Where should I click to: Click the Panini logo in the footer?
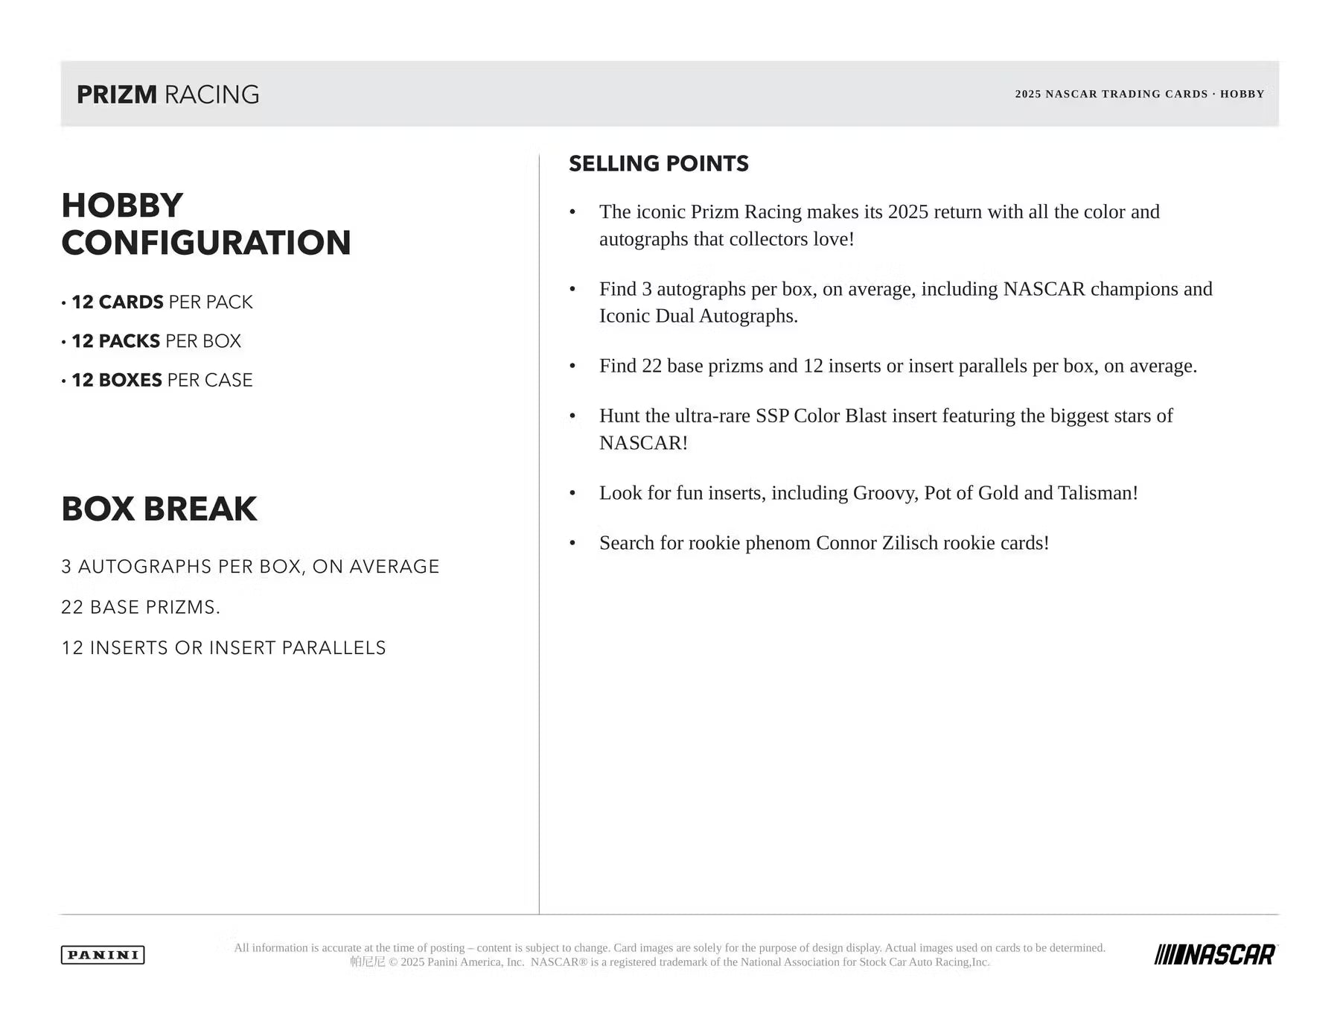tap(103, 955)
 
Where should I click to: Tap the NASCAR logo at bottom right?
tap(1215, 954)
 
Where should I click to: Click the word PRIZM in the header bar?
tap(117, 95)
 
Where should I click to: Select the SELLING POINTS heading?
tap(658, 163)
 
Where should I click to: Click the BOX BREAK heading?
tap(159, 509)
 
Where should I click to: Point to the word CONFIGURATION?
tap(205, 243)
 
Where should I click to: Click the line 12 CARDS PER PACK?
tap(162, 302)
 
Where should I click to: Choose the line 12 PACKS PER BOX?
tap(156, 341)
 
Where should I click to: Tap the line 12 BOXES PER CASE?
tap(162, 380)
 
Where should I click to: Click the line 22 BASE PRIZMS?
tap(141, 607)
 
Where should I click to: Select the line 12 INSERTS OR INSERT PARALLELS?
tap(223, 648)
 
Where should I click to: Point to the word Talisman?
tap(1097, 493)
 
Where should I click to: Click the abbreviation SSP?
tap(772, 416)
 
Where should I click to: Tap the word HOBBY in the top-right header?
tap(1242, 94)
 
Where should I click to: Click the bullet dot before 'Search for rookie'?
tap(572, 544)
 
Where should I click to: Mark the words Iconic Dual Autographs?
tap(698, 316)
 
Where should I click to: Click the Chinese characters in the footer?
tap(368, 962)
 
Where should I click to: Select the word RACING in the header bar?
tap(211, 95)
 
